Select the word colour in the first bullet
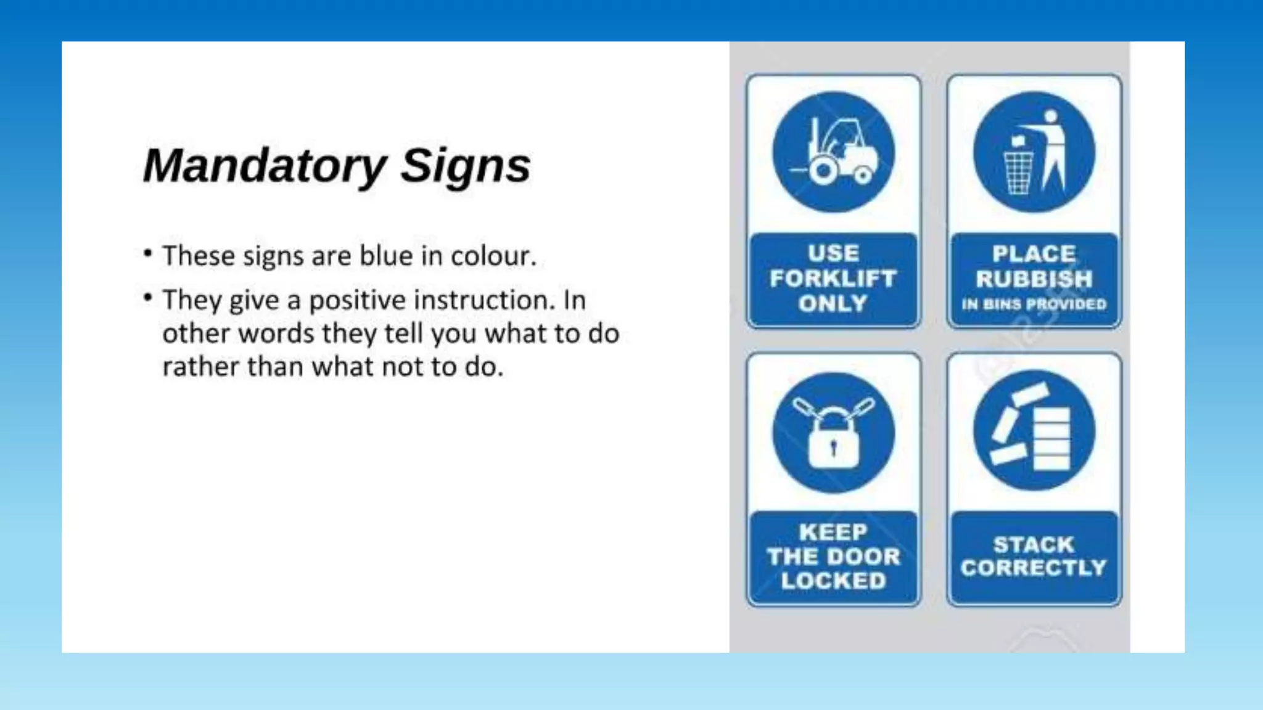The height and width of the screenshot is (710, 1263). point(493,256)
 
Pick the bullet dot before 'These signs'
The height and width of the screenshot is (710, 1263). point(147,253)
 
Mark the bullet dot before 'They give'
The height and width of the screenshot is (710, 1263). point(147,298)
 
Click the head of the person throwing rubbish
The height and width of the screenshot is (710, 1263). point(1051,116)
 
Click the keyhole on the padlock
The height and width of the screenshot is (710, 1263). point(834,447)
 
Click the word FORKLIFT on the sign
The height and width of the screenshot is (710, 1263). point(833,279)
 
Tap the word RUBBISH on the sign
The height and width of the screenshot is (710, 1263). point(1034,279)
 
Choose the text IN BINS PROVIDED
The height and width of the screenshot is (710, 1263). point(1034,304)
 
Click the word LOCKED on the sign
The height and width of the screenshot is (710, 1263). point(834,581)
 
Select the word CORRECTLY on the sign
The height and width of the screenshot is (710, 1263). point(1034,568)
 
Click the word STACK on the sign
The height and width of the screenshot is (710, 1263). point(1034,544)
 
